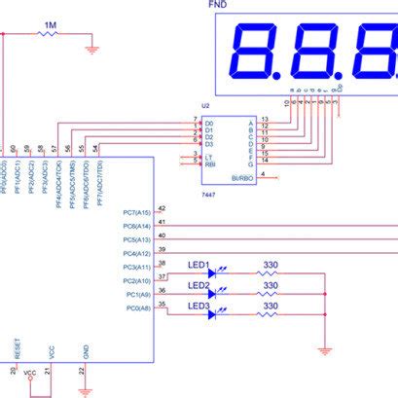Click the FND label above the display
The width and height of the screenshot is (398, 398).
click(220, 5)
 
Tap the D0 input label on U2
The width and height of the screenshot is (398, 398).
click(209, 120)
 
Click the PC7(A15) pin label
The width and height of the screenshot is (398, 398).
click(136, 212)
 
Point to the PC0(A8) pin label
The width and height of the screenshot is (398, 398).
click(136, 308)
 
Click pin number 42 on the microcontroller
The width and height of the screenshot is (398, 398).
click(162, 208)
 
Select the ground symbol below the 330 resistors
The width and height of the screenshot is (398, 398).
click(325, 349)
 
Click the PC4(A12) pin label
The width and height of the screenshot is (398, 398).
click(136, 253)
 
